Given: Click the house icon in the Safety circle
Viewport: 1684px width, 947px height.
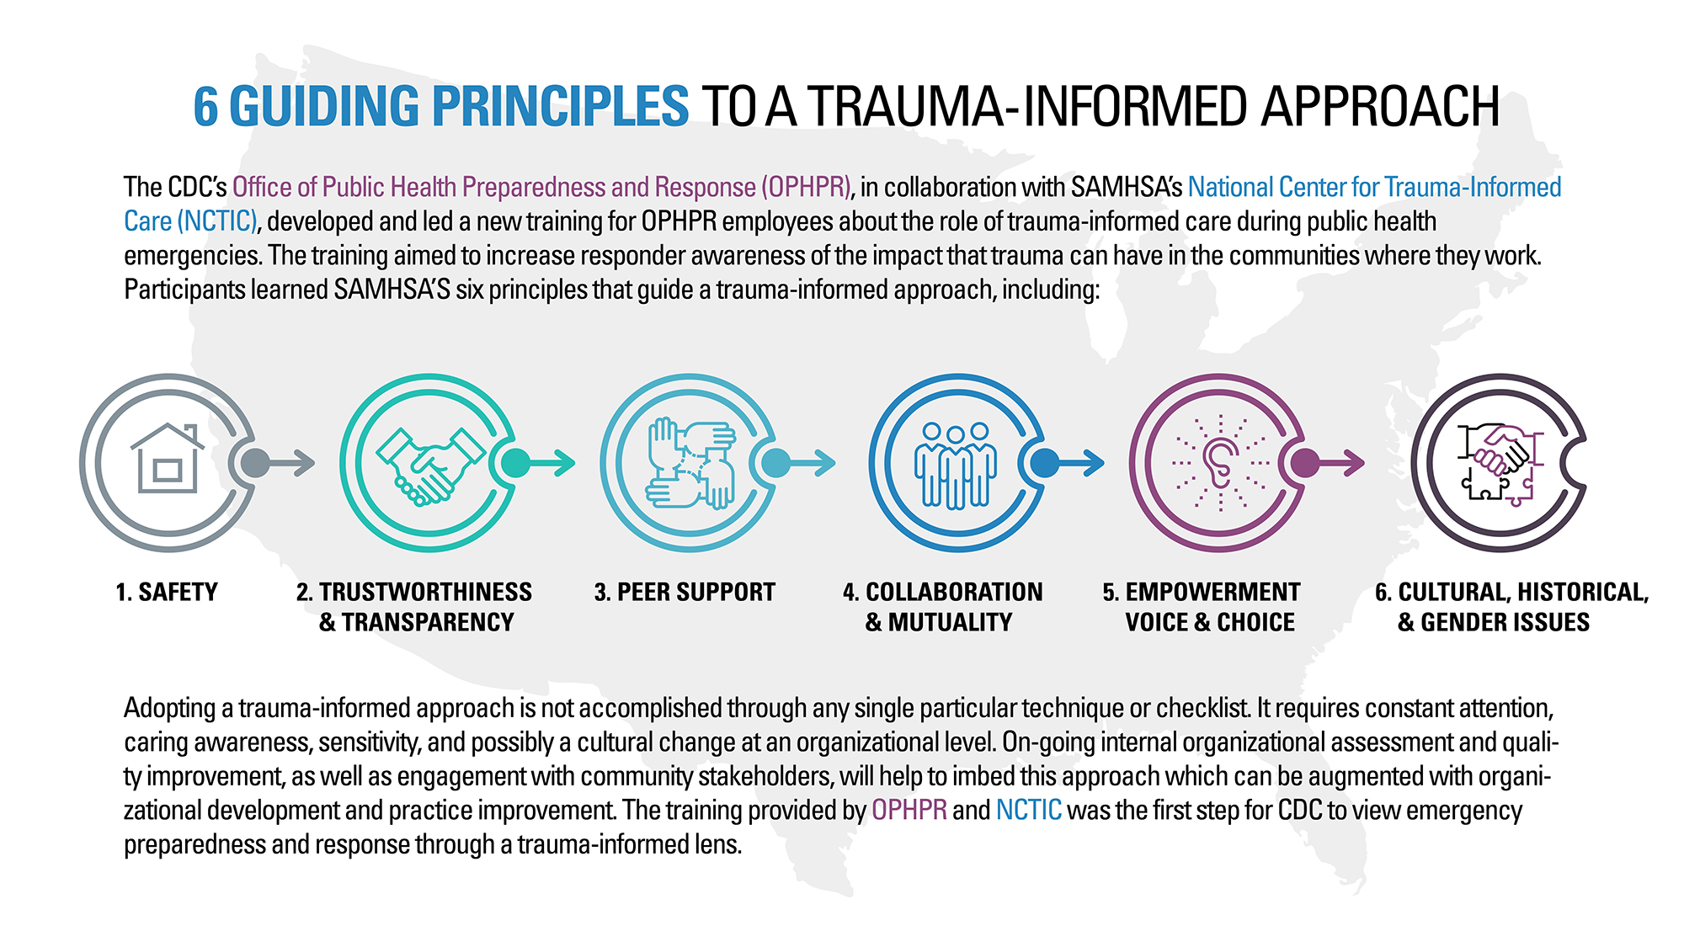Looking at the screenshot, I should tap(168, 460).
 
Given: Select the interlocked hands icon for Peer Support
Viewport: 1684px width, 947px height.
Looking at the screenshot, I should tap(690, 462).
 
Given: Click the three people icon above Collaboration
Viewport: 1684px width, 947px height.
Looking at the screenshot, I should tap(956, 465).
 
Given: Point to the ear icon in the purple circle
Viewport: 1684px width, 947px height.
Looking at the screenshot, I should tap(1219, 462).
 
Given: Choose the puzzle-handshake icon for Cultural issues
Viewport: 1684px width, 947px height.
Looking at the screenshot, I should tap(1499, 463).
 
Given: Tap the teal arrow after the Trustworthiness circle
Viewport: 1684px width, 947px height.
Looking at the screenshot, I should tap(552, 462).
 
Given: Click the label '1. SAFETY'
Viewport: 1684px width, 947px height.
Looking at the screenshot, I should tap(167, 593).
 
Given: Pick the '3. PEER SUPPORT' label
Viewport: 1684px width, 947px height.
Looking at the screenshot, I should tap(685, 593).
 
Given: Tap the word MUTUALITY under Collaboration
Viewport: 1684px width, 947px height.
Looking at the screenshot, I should tap(950, 623).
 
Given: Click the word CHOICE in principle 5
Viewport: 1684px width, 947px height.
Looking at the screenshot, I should tap(1255, 623).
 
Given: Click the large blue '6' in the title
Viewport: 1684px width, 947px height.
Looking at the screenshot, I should tap(205, 107).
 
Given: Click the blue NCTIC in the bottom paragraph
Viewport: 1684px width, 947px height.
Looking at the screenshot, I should tap(1028, 810).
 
